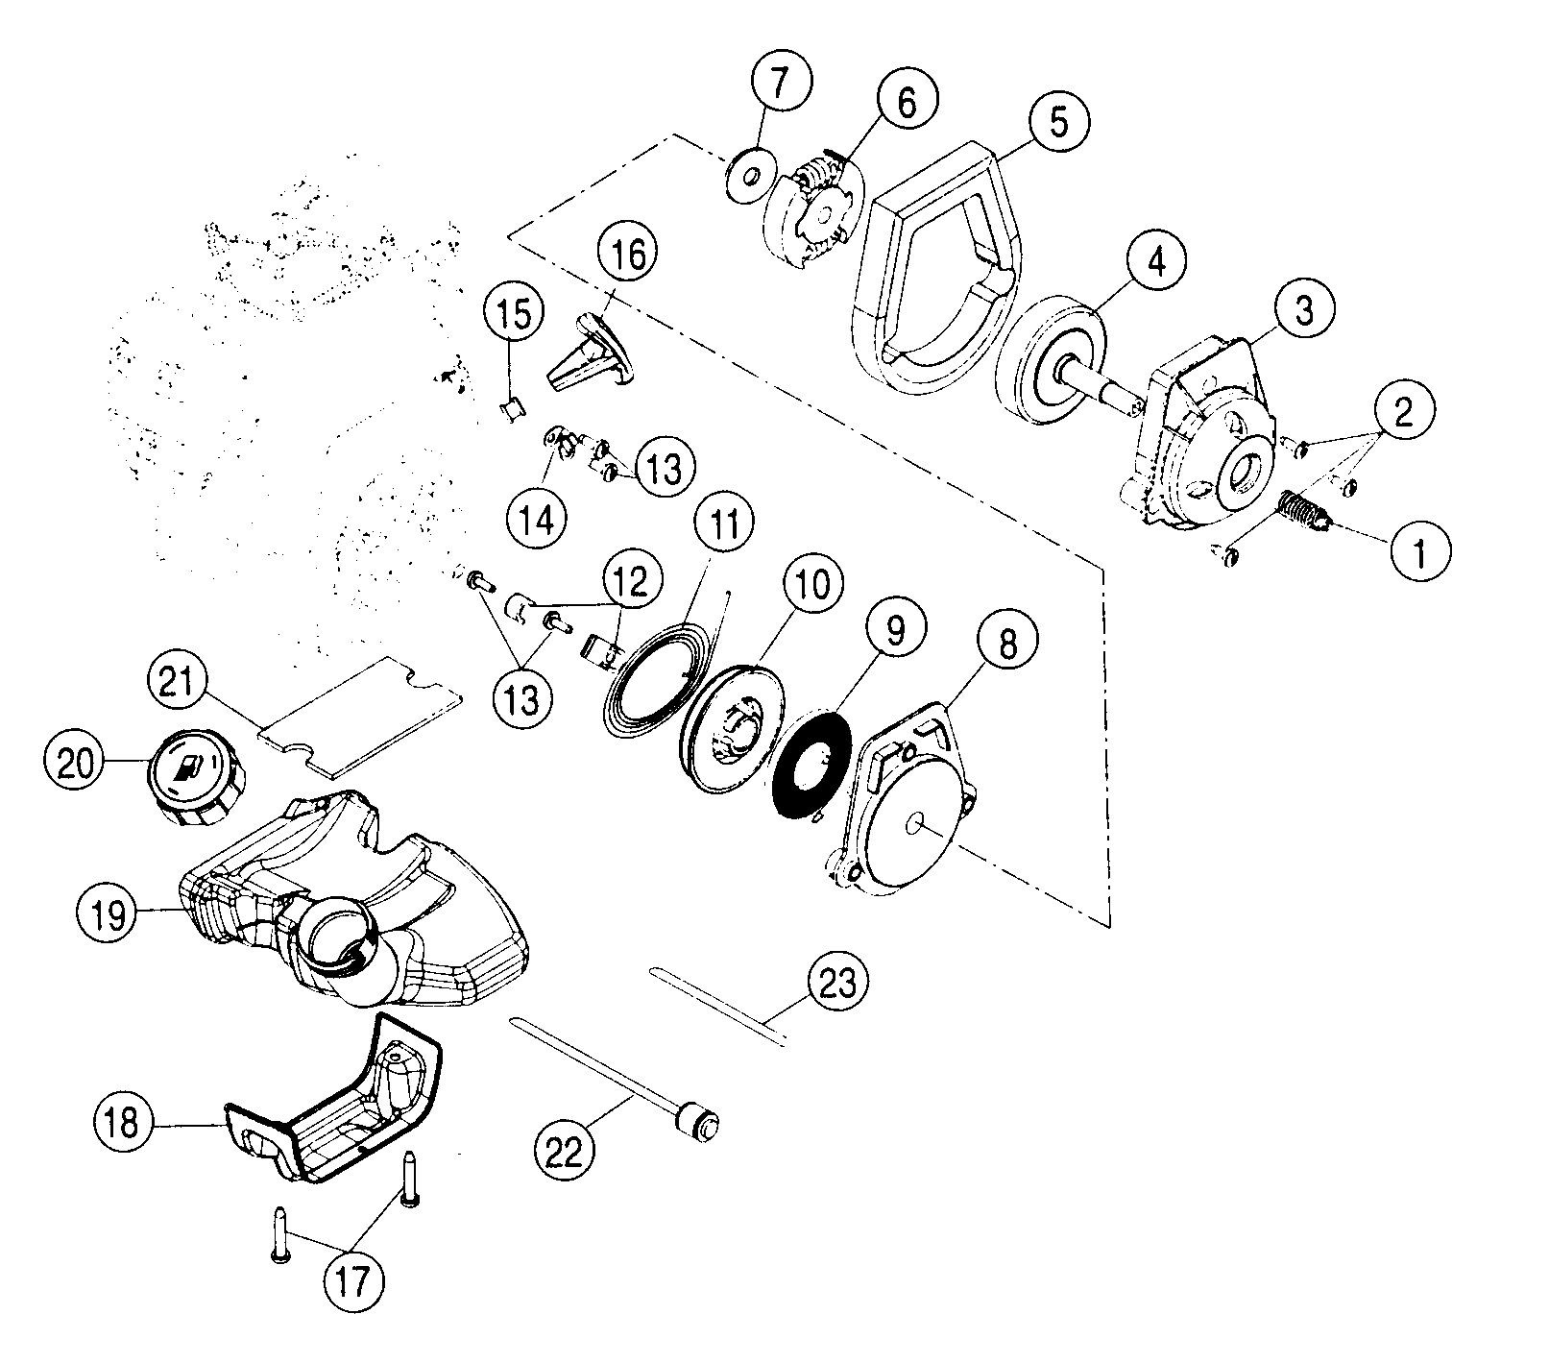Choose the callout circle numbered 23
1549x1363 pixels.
(838, 982)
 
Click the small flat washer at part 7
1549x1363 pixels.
(752, 175)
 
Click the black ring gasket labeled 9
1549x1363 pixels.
(811, 765)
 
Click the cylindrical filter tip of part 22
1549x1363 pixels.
(698, 1121)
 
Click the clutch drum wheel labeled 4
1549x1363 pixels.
(1052, 365)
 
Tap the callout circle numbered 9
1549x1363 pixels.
(894, 631)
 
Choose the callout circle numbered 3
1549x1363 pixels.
(1303, 311)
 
